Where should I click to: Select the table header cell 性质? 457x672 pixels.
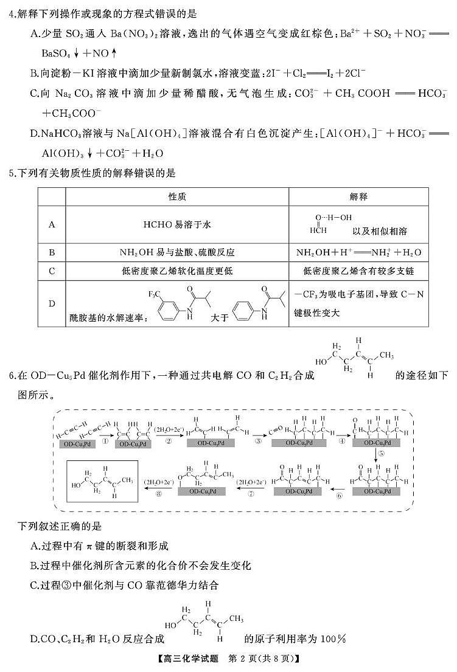176,197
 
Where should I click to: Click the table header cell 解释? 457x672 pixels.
358,197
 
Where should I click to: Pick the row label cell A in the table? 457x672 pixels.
52,224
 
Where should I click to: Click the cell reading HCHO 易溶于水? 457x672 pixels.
176,224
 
